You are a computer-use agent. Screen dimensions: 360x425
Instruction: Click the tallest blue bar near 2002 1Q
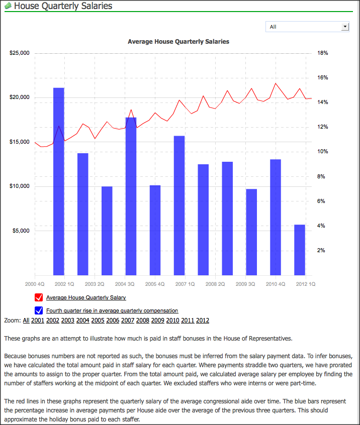(59, 181)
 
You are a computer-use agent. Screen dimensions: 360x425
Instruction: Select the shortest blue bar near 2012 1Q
(300, 250)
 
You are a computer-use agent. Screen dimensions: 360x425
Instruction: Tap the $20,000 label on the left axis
(19, 97)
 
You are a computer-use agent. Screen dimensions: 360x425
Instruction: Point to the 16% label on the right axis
(323, 77)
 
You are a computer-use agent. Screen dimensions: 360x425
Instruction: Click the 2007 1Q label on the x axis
(185, 284)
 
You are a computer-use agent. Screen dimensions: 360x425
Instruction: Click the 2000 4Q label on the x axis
(35, 284)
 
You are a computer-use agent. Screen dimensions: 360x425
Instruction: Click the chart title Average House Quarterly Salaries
(178, 42)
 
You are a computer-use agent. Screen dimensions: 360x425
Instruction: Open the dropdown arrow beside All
(345, 27)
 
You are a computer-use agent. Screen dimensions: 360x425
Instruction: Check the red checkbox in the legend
(39, 297)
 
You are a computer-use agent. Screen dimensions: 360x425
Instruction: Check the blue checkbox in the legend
(39, 310)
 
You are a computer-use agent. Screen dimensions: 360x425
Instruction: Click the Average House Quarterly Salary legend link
(86, 297)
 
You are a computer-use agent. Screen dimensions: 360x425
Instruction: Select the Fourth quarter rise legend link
(112, 310)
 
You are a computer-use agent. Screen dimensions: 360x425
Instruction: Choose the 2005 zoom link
(98, 321)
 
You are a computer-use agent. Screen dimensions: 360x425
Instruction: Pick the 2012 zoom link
(203, 321)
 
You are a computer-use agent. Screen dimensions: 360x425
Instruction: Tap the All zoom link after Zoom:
(26, 321)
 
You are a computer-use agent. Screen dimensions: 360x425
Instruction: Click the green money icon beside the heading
(8, 6)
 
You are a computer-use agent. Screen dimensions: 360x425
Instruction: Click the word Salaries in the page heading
(97, 6)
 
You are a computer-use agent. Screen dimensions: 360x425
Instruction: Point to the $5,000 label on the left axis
(21, 231)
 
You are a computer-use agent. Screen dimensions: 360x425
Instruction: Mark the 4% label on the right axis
(321, 226)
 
